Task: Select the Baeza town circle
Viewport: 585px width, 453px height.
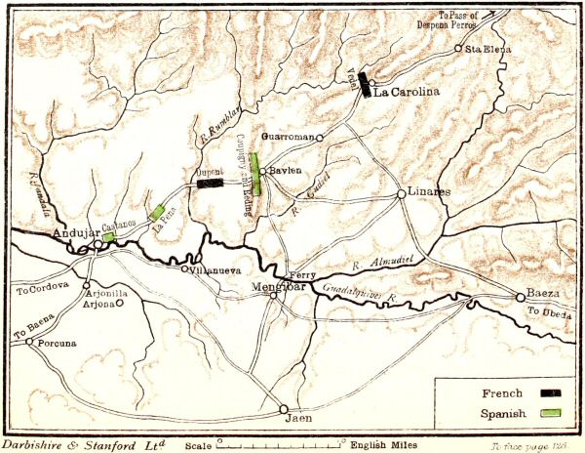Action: (520, 297)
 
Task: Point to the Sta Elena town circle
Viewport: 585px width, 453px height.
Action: (458, 48)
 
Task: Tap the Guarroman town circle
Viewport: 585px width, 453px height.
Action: (319, 138)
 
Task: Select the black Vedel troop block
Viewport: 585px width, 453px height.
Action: (364, 85)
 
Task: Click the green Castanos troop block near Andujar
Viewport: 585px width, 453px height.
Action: (109, 236)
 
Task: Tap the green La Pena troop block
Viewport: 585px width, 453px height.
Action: (156, 212)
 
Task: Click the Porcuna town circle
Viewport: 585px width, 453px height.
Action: (29, 342)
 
